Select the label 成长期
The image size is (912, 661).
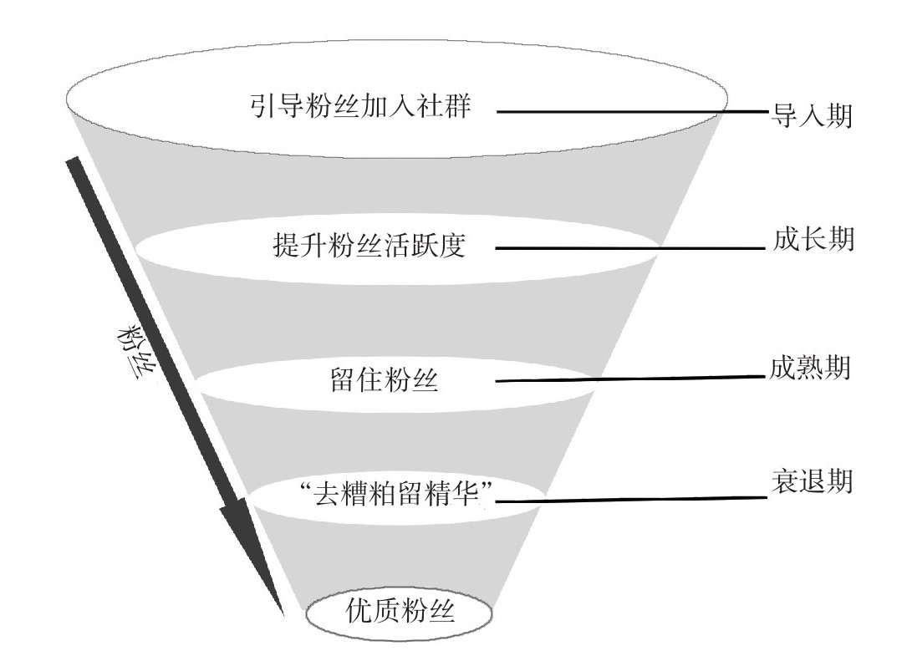pos(810,241)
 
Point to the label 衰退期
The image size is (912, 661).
pos(810,483)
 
